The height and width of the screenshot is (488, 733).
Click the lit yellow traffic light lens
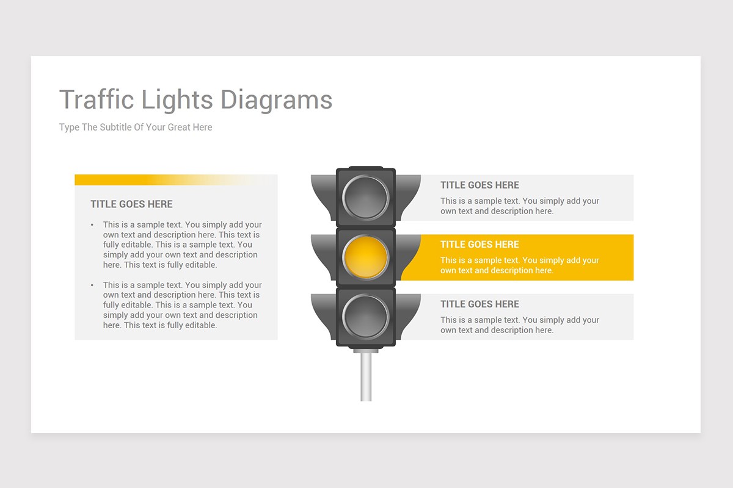click(x=366, y=257)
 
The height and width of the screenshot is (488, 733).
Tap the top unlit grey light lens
click(x=366, y=198)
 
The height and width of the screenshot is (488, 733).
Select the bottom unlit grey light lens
click(x=366, y=317)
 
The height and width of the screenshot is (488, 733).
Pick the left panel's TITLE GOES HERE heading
click(x=131, y=204)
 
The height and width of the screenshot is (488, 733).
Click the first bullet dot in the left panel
click(x=92, y=225)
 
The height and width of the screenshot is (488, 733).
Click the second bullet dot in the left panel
click(x=92, y=285)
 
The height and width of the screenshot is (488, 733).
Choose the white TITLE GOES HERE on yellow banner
click(x=480, y=245)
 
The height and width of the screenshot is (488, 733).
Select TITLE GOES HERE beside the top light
click(x=480, y=185)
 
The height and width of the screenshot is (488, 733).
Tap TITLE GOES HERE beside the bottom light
click(x=480, y=304)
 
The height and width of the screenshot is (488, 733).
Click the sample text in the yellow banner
click(x=519, y=265)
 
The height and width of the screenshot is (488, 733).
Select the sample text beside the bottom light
click(x=519, y=325)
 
